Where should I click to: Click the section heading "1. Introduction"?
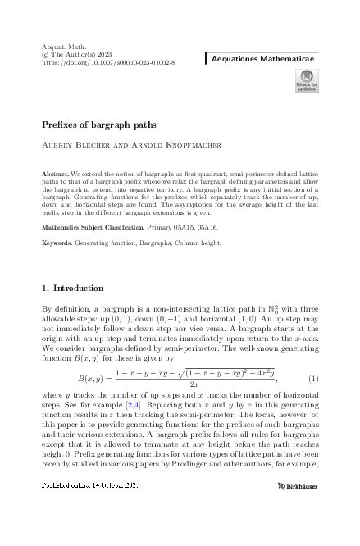click(x=72, y=289)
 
